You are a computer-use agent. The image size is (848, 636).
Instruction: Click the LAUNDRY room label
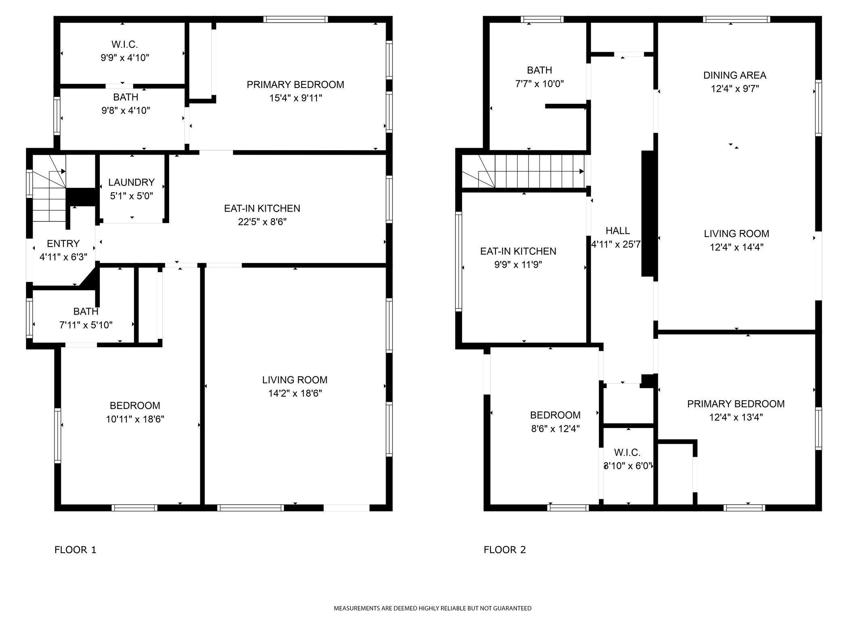pyautogui.click(x=131, y=183)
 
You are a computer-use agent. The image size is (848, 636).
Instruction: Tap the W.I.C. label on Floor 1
pyautogui.click(x=125, y=44)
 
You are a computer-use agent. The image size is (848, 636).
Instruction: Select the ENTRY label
pyautogui.click(x=63, y=243)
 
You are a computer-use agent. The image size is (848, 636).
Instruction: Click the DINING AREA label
pyautogui.click(x=735, y=75)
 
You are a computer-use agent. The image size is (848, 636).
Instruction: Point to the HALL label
pyautogui.click(x=617, y=231)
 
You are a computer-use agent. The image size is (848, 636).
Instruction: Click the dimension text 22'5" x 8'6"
pyautogui.click(x=262, y=222)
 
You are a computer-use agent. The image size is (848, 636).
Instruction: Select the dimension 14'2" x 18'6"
pyautogui.click(x=295, y=393)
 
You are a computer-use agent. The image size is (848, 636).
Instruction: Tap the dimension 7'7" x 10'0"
pyautogui.click(x=539, y=84)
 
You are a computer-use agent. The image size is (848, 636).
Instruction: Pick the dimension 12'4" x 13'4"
pyautogui.click(x=736, y=417)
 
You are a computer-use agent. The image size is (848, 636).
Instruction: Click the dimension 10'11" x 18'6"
pyautogui.click(x=135, y=419)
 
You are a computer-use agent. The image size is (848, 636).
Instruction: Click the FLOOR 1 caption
pyautogui.click(x=76, y=550)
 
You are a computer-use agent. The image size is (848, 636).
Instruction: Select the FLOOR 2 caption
pyautogui.click(x=505, y=550)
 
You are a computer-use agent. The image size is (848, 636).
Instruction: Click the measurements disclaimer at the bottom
pyautogui.click(x=432, y=608)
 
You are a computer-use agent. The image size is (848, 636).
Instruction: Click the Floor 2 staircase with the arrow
pyautogui.click(x=523, y=171)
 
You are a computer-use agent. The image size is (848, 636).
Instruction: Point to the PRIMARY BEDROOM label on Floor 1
pyautogui.click(x=295, y=85)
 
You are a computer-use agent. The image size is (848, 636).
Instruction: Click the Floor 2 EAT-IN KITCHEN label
pyautogui.click(x=518, y=251)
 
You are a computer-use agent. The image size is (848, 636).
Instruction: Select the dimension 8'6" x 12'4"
pyautogui.click(x=555, y=428)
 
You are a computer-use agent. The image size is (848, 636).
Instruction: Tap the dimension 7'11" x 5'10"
pyautogui.click(x=86, y=325)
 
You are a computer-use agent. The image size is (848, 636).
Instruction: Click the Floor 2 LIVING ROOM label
pyautogui.click(x=737, y=233)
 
